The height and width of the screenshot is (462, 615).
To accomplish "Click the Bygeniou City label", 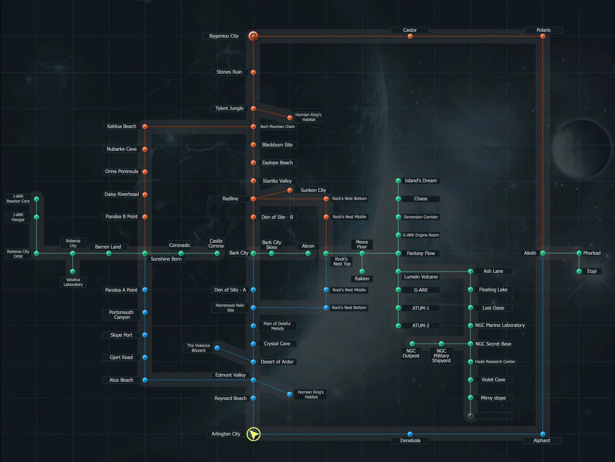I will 224,36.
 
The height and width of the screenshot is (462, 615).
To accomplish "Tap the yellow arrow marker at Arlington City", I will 254,434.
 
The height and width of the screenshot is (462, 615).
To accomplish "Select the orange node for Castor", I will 410,36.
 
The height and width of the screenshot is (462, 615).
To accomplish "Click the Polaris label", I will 543,30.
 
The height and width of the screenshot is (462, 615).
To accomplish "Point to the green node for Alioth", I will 543,253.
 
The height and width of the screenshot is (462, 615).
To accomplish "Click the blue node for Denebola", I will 410,434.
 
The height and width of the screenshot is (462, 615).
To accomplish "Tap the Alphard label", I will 542,440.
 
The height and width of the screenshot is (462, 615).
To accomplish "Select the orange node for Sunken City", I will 290,190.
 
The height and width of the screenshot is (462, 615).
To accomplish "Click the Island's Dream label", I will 421,180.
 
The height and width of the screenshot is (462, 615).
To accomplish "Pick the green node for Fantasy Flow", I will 398,253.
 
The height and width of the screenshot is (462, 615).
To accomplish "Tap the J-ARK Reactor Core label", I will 18,199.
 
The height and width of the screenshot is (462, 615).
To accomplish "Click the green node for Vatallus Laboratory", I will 73,271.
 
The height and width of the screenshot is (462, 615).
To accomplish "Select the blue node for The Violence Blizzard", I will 217,348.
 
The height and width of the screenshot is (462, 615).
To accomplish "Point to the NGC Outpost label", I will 411,353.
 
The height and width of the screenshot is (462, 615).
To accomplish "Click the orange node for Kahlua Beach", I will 145,127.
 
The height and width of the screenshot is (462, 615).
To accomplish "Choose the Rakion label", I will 362,278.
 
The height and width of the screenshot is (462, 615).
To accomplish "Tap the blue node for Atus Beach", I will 145,380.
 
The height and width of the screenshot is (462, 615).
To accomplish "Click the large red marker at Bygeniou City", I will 253,36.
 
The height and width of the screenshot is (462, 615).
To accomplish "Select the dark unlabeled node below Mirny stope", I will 470,416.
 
